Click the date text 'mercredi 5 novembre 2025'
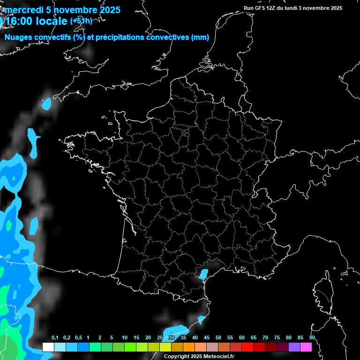[62, 10]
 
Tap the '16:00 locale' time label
[37, 22]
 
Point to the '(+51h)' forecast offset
[81, 21]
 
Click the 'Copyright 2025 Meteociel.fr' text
[199, 356]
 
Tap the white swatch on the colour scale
[48, 347]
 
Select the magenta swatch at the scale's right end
[306, 347]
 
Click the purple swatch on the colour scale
[294, 347]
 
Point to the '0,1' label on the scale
[55, 338]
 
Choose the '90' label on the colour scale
[312, 338]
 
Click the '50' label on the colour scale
[218, 338]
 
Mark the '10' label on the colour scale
[124, 338]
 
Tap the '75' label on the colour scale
[277, 338]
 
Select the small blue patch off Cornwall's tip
[46, 104]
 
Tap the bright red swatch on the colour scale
[247, 347]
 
